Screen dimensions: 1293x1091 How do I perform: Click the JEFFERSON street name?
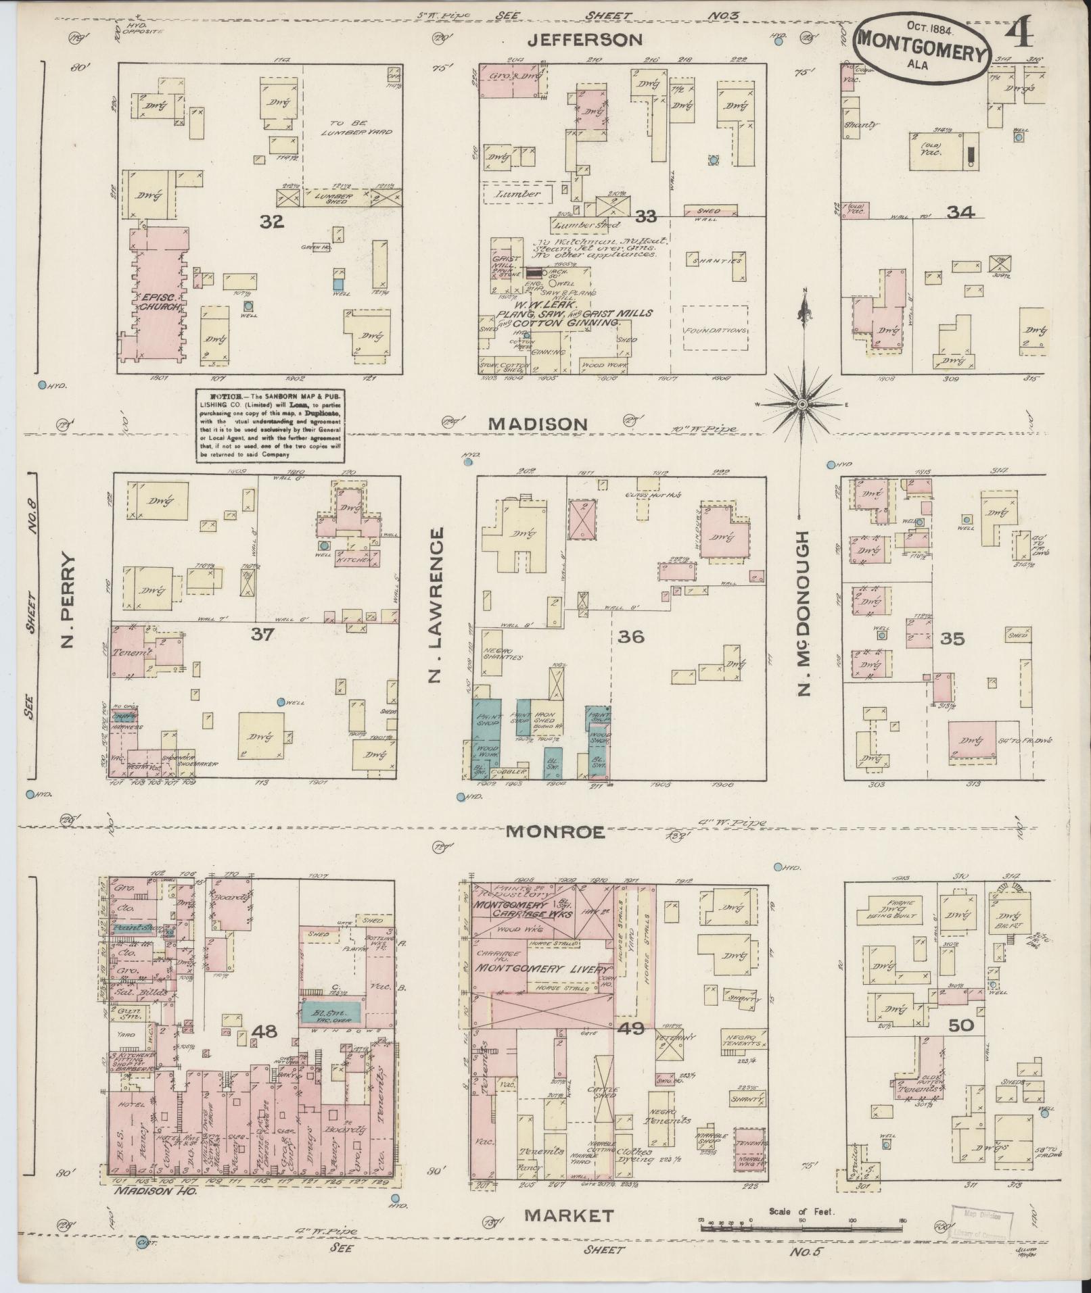[x=585, y=40]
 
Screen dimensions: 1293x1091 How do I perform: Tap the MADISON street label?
[x=538, y=424]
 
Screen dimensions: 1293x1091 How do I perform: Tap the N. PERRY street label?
[x=67, y=600]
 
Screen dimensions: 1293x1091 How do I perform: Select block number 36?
[x=630, y=636]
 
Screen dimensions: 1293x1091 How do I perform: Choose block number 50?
[x=960, y=1025]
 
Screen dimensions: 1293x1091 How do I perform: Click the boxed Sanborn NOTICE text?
[x=269, y=425]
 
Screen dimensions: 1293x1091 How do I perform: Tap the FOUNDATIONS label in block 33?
[x=715, y=331]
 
